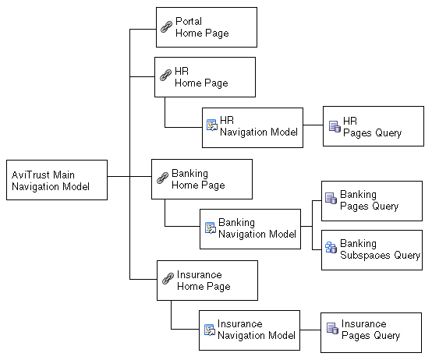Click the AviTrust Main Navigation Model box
(x=57, y=180)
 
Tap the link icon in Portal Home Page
(x=165, y=26)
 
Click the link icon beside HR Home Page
(x=165, y=76)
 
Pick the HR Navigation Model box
(x=253, y=127)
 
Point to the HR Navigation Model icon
(x=211, y=125)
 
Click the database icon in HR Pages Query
(x=334, y=126)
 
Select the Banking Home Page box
(x=202, y=179)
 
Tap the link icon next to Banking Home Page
(x=162, y=178)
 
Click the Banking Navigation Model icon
(x=209, y=228)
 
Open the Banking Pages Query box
(x=372, y=200)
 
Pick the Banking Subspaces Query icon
(x=331, y=249)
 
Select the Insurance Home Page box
(x=207, y=281)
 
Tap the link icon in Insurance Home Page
(x=167, y=280)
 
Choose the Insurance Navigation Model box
(x=249, y=330)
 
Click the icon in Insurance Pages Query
(x=332, y=329)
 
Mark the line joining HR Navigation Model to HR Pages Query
(x=313, y=126)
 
